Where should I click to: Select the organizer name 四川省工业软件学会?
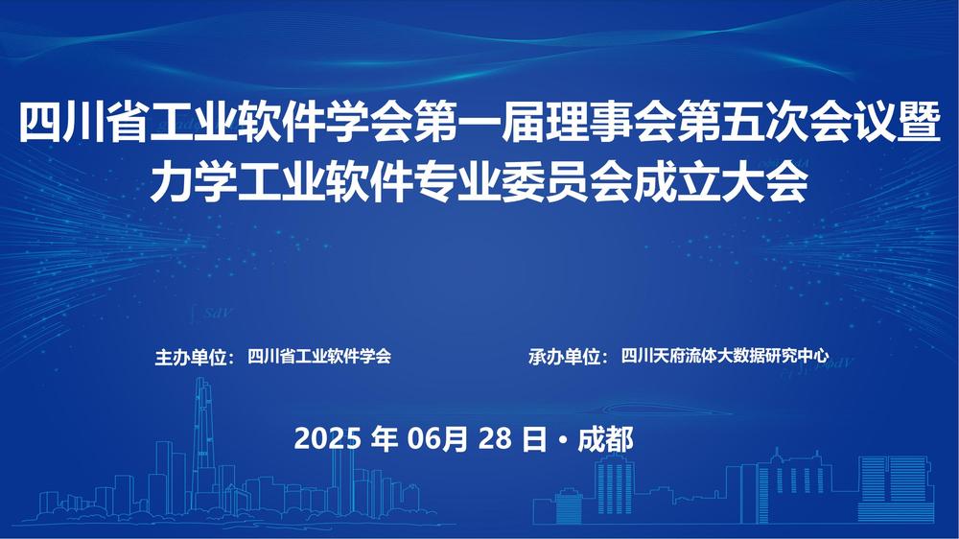pyautogui.click(x=319, y=356)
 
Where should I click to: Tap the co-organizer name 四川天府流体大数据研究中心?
pyautogui.click(x=725, y=356)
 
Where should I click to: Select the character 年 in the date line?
pyautogui.click(x=384, y=439)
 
